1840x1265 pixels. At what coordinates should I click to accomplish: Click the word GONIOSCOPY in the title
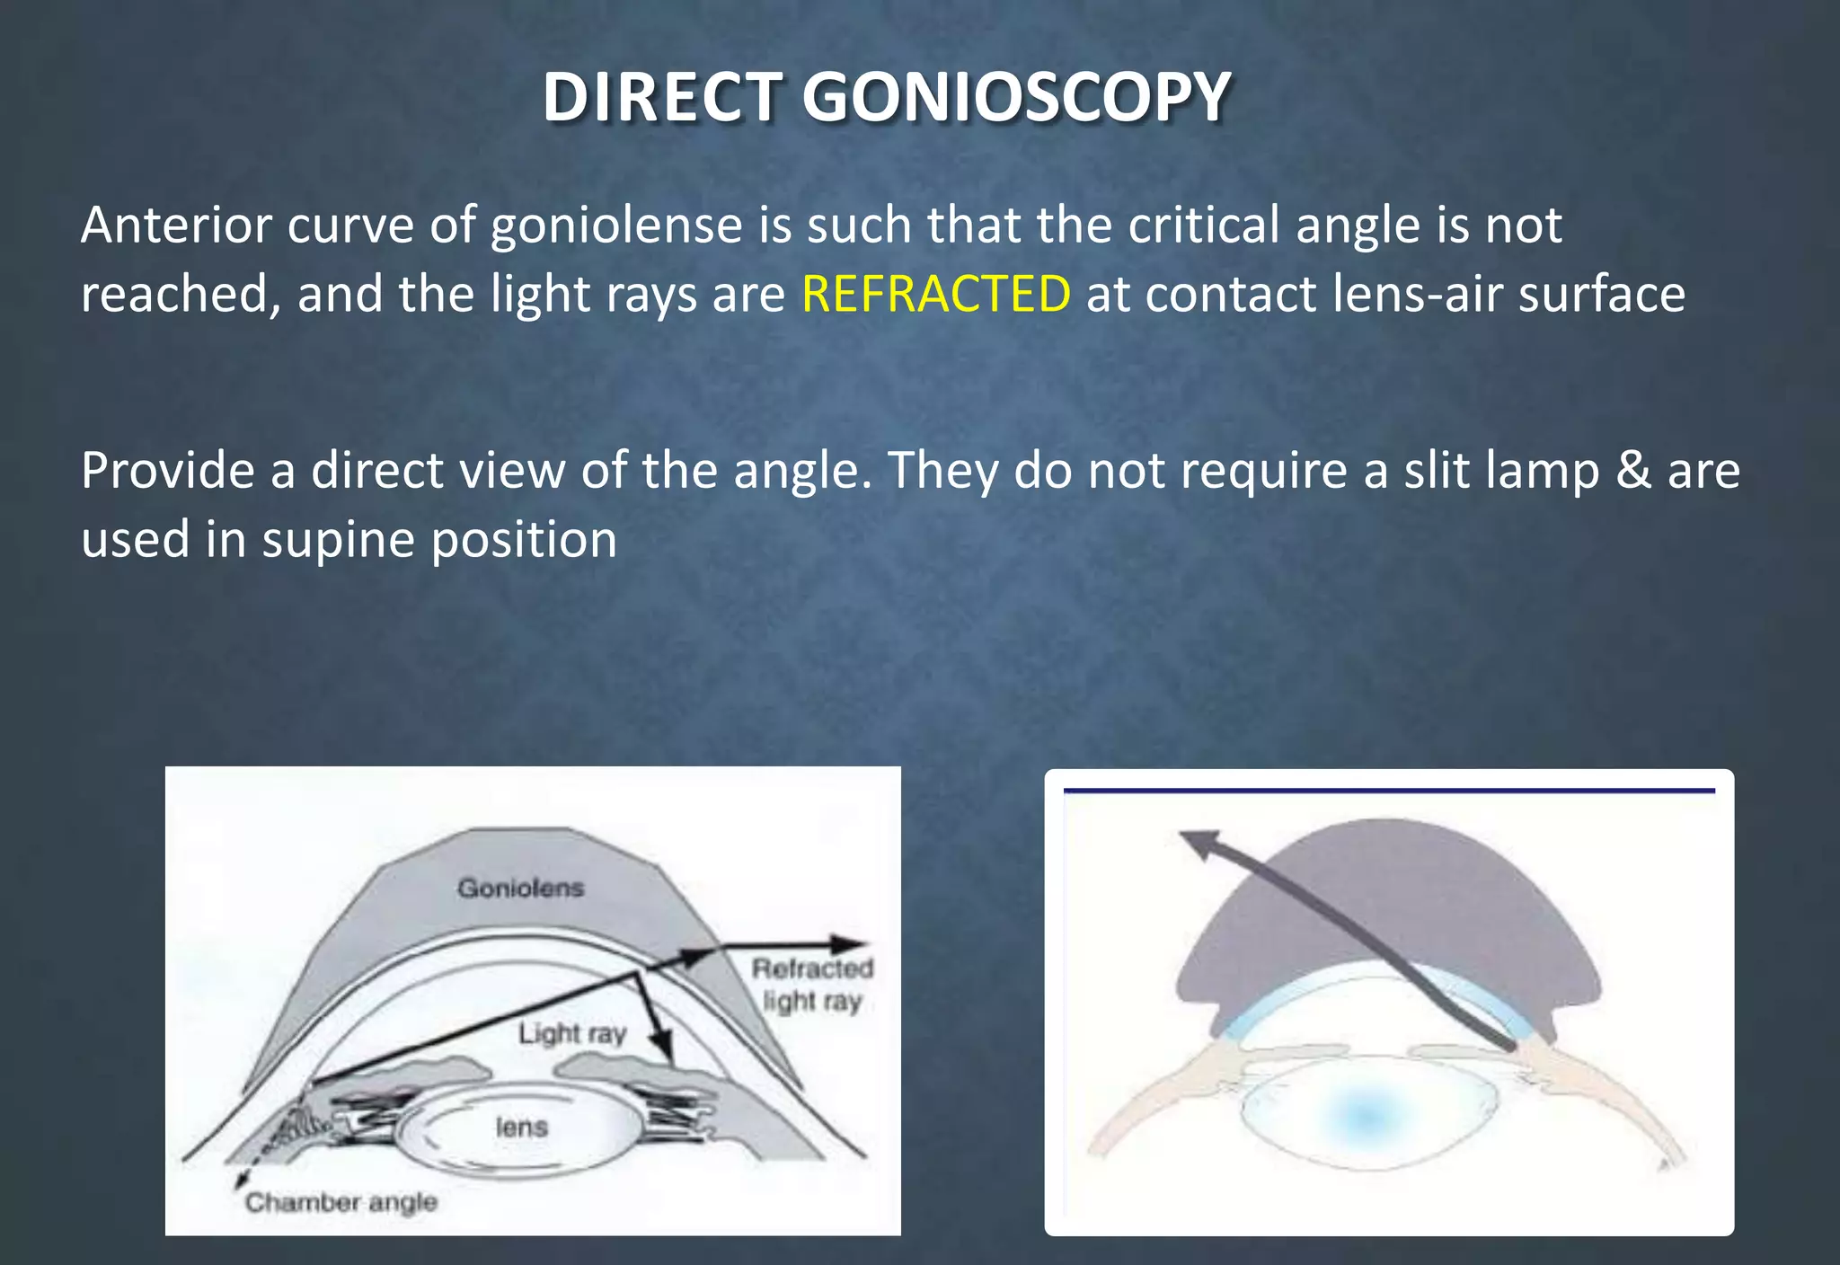(1015, 97)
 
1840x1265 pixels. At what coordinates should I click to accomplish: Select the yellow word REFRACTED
(936, 294)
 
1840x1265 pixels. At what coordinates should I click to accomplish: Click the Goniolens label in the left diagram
(520, 888)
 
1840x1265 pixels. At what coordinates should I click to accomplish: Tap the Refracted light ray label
(812, 985)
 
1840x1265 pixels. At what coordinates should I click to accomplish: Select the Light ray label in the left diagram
(571, 1033)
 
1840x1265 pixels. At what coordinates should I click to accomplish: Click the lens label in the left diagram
(521, 1127)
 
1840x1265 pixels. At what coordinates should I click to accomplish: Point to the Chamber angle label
(341, 1202)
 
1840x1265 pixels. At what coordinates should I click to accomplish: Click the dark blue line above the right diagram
(1388, 791)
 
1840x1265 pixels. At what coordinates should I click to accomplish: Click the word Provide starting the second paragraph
(167, 471)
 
